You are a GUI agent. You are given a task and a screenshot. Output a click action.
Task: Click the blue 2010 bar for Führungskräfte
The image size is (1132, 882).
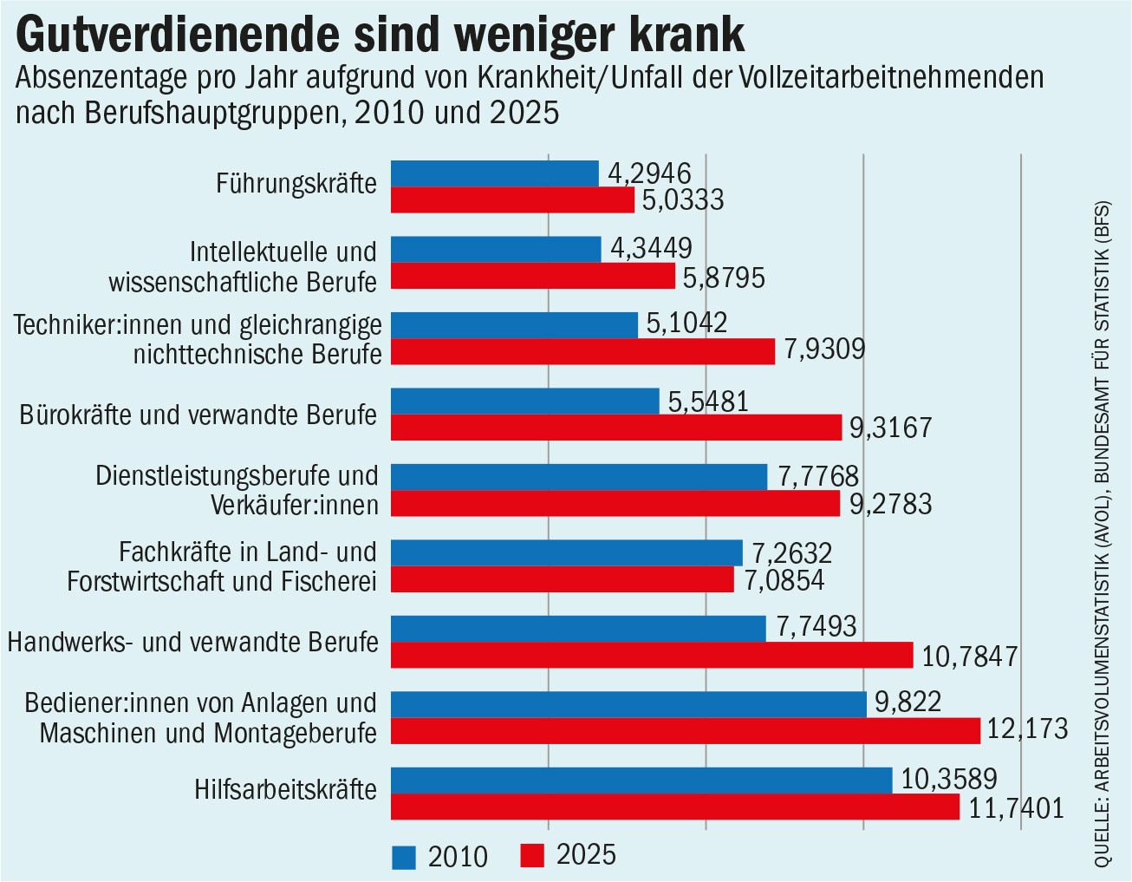[495, 173]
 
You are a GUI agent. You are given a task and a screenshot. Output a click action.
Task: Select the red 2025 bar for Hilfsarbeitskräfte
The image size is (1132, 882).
[675, 807]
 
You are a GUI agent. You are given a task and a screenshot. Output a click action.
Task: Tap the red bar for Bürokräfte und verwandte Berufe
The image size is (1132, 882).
[616, 428]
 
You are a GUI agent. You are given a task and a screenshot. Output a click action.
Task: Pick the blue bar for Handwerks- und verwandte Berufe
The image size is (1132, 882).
[578, 629]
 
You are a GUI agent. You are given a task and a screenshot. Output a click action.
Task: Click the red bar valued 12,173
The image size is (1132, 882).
[686, 731]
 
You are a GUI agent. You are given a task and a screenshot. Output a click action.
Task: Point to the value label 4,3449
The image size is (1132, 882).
[651, 248]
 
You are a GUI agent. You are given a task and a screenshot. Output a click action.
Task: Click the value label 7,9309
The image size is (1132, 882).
[824, 349]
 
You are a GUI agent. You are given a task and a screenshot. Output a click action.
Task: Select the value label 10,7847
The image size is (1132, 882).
[970, 656]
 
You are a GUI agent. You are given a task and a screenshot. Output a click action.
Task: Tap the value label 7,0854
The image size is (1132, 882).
[784, 580]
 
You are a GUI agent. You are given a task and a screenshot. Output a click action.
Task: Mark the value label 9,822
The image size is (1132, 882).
[908, 702]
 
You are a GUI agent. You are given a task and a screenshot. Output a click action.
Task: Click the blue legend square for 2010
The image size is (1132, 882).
[404, 858]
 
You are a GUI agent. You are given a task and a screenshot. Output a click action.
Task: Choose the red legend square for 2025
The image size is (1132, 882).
[532, 856]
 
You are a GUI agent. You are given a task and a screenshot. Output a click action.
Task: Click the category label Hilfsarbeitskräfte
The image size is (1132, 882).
[285, 790]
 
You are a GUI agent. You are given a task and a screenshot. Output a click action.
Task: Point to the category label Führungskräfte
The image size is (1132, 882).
[296, 184]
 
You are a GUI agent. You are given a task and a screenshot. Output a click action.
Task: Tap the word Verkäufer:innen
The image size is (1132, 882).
[295, 504]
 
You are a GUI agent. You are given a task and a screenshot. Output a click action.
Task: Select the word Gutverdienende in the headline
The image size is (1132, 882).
[178, 35]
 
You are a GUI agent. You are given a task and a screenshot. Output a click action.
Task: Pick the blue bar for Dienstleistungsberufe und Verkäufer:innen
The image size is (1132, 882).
[579, 477]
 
